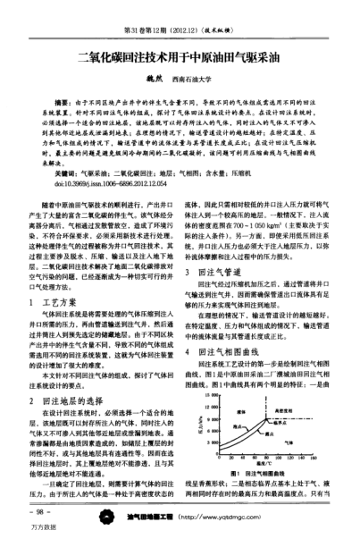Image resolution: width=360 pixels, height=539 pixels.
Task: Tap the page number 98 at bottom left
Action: [x=41, y=512]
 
